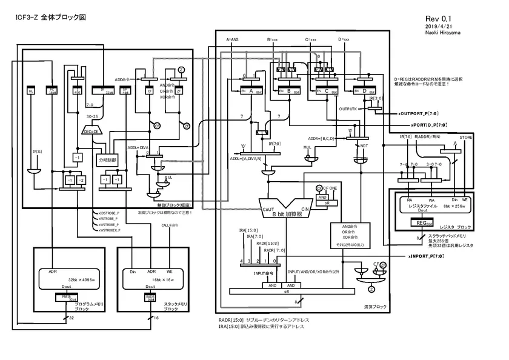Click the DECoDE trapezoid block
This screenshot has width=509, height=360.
(92, 130)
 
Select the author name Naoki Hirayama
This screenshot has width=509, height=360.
(443, 34)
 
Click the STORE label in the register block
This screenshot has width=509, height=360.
(465, 138)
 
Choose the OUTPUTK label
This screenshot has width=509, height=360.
(349, 109)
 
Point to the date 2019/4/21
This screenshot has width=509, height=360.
(437, 27)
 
